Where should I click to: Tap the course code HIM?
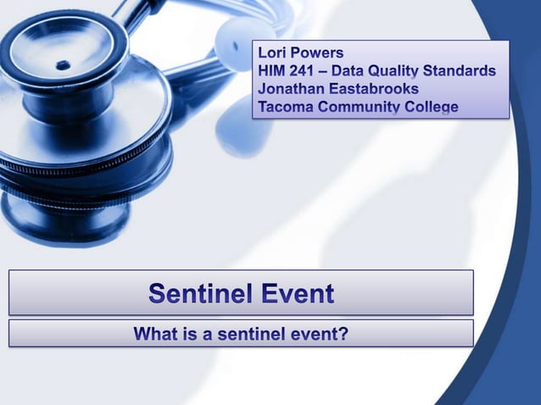(273, 71)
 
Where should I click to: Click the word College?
(431, 107)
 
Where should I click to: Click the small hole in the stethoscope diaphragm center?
(63, 64)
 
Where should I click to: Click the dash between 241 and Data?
(331, 71)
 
